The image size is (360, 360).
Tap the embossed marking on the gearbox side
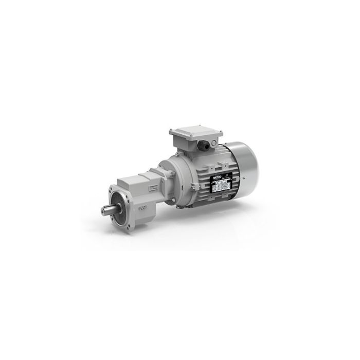tap(141, 210)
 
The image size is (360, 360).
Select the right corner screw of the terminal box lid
tap(220, 135)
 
